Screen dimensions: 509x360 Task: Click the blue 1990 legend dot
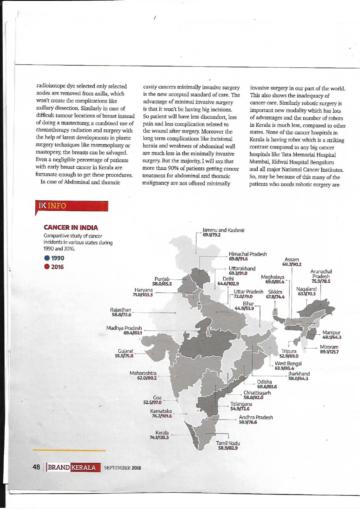[47, 258]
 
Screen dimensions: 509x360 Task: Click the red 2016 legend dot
[47, 267]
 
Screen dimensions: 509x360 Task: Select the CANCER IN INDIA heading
[71, 228]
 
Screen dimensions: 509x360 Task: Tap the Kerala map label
[162, 433]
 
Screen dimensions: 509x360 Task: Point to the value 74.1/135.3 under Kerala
[159, 437]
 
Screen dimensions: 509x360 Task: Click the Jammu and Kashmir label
[224, 230]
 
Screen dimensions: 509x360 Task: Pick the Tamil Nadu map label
[228, 443]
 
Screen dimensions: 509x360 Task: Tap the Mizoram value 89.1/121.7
[329, 352]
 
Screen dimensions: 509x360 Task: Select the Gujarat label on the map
[126, 351]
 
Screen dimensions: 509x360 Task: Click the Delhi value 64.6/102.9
[228, 284]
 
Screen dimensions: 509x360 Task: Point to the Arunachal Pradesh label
[321, 274]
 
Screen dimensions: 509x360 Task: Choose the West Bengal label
[288, 364]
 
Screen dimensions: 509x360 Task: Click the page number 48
[36, 467]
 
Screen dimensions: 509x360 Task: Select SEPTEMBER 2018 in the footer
[122, 468]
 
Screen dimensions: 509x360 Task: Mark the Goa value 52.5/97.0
[152, 402]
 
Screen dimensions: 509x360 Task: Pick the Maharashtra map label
[143, 373]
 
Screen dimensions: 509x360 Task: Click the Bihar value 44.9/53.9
[244, 309]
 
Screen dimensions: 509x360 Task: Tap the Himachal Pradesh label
[247, 254]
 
